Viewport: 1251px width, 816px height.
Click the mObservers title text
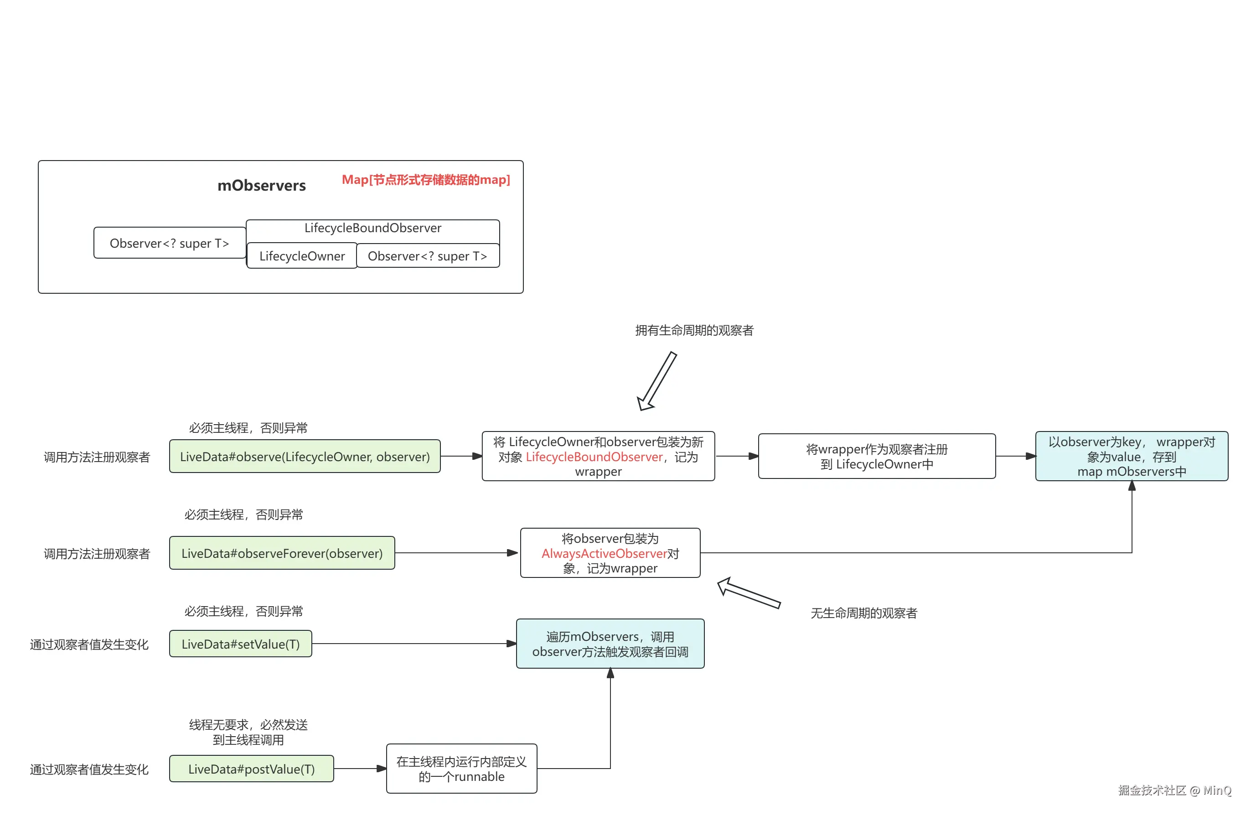[x=261, y=186]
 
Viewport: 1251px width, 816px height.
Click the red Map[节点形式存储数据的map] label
[x=426, y=180]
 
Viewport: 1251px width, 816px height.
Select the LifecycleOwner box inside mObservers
[x=302, y=256]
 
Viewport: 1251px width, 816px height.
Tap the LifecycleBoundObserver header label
[x=372, y=228]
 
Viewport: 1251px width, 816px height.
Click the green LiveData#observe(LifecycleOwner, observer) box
[x=305, y=457]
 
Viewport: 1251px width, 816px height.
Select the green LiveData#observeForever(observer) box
[x=282, y=553]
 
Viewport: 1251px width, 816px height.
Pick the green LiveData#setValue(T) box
[x=240, y=644]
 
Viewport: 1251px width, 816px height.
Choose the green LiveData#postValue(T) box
[x=251, y=769]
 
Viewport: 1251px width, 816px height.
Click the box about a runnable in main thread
[x=461, y=769]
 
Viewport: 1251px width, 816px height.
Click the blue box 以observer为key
[x=1131, y=457]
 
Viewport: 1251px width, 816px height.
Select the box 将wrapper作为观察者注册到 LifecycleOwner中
[x=876, y=457]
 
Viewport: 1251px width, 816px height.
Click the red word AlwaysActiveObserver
[x=604, y=554]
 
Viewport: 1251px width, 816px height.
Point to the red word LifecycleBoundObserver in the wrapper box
[x=594, y=457]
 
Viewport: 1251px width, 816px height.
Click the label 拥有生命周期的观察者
[x=694, y=331]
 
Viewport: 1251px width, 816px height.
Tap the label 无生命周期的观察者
[x=863, y=613]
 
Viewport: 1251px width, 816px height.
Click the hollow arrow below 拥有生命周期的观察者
[x=657, y=382]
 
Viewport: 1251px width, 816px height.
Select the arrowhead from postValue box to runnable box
[x=382, y=769]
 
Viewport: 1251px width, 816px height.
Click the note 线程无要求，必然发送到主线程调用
[x=248, y=733]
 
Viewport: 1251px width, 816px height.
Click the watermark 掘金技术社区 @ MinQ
[x=1174, y=790]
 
